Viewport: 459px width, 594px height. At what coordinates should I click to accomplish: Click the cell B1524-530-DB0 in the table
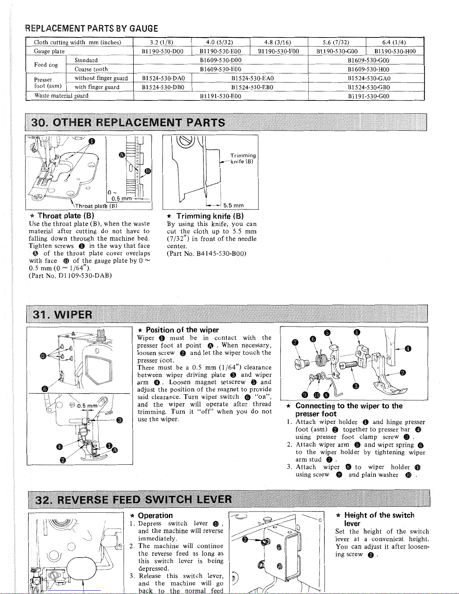coord(164,87)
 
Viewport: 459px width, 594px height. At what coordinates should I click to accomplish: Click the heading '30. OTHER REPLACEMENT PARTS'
coord(129,123)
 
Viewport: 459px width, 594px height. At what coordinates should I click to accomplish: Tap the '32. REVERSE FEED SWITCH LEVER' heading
coord(133,500)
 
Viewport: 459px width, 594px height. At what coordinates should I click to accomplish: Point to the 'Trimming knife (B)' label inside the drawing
coord(242,159)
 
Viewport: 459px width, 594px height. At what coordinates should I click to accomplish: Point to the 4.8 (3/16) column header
coord(278,42)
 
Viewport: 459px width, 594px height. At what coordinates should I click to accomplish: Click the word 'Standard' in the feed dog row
coord(86,60)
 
